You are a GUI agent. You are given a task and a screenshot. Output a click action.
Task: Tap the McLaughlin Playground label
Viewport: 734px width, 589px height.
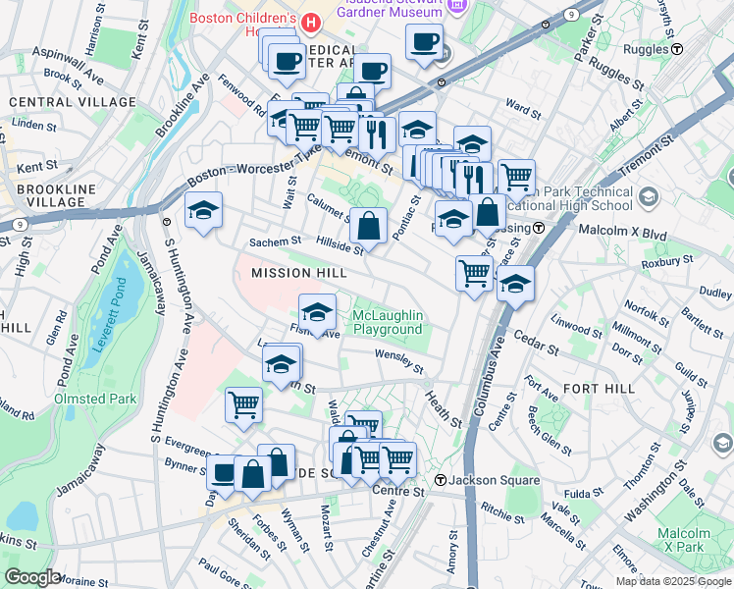coord(388,321)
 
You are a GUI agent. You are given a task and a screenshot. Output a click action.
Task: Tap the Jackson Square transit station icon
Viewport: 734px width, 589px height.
coord(442,480)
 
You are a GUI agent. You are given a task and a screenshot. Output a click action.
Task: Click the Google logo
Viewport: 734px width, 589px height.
coord(32,577)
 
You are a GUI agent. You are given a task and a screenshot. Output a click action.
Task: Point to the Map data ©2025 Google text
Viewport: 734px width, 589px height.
coord(672,581)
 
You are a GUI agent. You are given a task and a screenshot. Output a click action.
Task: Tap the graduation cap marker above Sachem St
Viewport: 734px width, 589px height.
coord(203,210)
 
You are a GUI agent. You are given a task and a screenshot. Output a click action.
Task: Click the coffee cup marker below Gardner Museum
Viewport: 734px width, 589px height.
coord(424,42)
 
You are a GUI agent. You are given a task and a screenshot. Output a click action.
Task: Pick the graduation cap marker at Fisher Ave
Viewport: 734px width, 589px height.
coord(316,312)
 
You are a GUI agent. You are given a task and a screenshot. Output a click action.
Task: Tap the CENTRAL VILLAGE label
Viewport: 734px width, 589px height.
coord(73,102)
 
